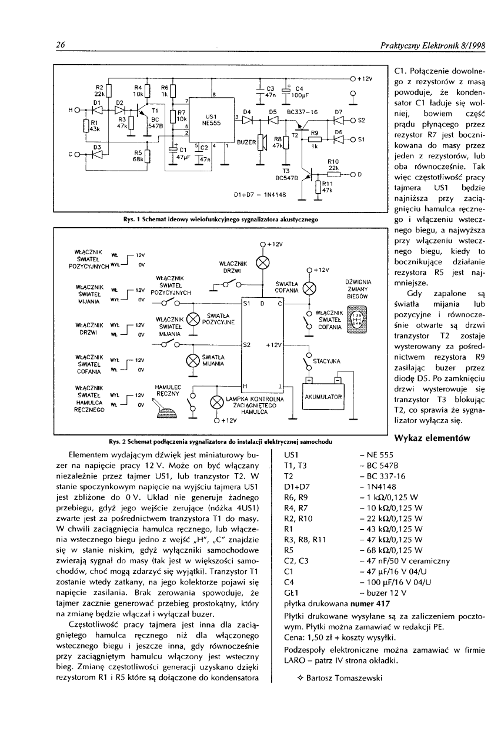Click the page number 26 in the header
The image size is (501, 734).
coord(60,45)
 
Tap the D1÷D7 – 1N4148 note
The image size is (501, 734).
coord(260,192)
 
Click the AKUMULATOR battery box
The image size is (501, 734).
coord(321,397)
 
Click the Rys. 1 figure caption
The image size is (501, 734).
coord(218,219)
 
